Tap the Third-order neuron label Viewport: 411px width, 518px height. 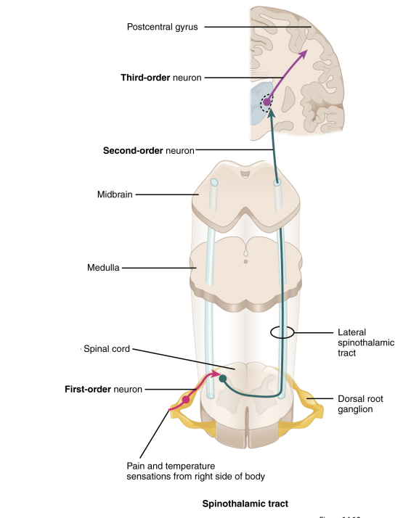click(161, 77)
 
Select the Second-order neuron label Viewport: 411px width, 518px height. click(149, 151)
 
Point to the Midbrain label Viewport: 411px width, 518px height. click(115, 194)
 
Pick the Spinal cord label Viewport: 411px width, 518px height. click(107, 349)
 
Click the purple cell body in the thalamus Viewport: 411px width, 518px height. click(266, 103)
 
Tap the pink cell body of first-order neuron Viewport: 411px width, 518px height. click(186, 399)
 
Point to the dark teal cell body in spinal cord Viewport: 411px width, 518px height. click(223, 379)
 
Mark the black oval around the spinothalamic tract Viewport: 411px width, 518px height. click(282, 333)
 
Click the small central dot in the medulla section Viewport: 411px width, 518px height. click(245, 260)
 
